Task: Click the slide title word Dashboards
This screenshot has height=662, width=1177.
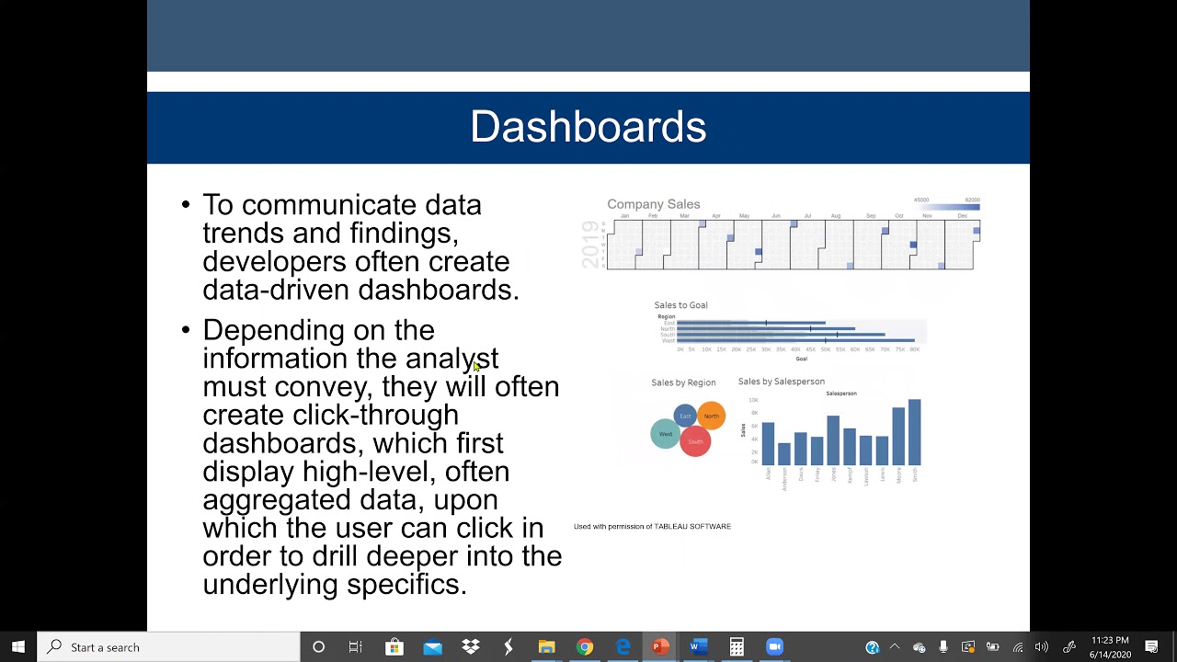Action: point(588,127)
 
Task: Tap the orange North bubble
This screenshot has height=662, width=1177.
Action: point(712,416)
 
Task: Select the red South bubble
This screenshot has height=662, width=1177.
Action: point(695,442)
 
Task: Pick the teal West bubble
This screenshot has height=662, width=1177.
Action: point(665,434)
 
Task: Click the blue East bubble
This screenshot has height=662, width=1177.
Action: point(685,417)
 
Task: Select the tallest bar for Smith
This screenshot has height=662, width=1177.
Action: point(914,432)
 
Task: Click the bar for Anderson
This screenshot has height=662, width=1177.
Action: point(784,453)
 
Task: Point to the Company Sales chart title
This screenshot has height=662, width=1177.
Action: point(653,204)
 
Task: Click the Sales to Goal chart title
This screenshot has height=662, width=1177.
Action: point(680,305)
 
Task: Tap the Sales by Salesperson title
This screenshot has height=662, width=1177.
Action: point(781,382)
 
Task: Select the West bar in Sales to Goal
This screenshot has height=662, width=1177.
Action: point(795,340)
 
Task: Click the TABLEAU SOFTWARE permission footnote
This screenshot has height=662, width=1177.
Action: point(652,527)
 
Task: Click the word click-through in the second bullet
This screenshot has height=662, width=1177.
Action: point(375,415)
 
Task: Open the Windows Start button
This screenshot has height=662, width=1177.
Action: point(18,647)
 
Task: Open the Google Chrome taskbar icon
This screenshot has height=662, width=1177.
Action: point(585,647)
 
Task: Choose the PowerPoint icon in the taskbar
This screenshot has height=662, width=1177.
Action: point(660,647)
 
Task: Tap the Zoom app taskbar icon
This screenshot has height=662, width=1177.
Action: point(774,647)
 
